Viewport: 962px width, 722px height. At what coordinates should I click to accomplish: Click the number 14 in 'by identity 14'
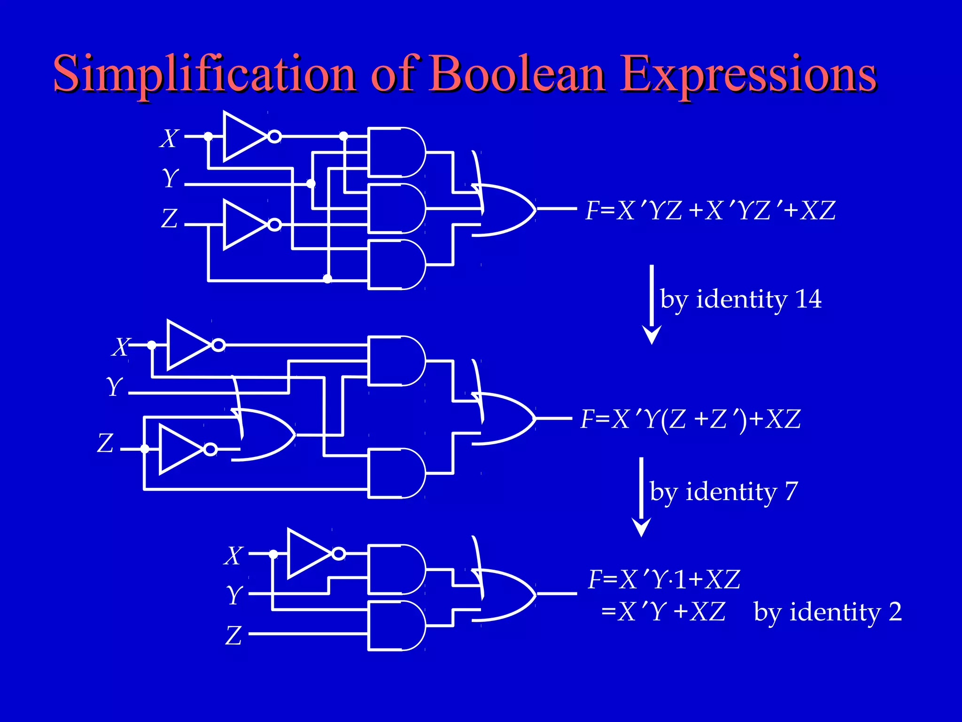coord(808,299)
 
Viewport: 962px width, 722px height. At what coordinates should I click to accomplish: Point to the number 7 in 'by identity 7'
coord(791,492)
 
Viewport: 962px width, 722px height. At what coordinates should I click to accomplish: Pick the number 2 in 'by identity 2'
coord(895,612)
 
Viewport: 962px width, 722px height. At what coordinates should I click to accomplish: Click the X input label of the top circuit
coord(169,139)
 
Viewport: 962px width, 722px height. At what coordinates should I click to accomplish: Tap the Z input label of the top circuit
coord(169,219)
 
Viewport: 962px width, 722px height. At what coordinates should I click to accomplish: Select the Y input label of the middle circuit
coord(114,387)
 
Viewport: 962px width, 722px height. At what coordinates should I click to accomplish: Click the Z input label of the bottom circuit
coord(233,636)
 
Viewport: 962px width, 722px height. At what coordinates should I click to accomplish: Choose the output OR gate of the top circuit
coord(505,209)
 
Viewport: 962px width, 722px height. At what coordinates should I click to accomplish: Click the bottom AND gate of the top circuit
coord(397,265)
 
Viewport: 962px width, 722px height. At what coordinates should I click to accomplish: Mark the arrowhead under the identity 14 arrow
coord(652,335)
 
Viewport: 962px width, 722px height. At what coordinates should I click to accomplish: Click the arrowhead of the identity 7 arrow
coord(641,527)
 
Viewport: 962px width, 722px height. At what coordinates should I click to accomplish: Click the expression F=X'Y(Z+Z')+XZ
coord(690,419)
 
